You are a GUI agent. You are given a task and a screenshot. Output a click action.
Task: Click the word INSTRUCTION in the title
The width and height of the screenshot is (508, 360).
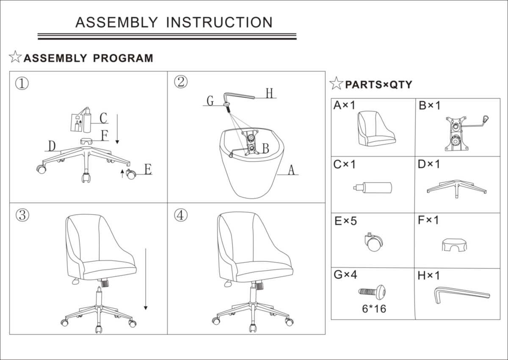coord(219,22)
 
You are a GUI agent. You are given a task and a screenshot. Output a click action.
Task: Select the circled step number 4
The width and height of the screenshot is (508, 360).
coord(180,215)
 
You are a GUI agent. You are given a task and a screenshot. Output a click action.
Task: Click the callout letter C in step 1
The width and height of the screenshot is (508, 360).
coord(103,118)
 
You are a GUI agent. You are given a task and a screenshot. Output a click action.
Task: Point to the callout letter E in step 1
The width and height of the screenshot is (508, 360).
coord(148,170)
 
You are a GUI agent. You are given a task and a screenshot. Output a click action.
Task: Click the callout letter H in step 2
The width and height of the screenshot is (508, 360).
coord(270,93)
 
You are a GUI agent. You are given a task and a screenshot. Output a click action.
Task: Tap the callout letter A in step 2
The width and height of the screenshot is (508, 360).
coord(291,170)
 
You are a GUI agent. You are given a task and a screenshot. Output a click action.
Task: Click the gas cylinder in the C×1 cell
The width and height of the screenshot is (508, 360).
coord(373,187)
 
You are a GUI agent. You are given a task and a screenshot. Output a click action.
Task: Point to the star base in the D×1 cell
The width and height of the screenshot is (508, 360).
coord(456,188)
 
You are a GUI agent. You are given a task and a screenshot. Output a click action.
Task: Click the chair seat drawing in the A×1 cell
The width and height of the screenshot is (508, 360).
coord(375,128)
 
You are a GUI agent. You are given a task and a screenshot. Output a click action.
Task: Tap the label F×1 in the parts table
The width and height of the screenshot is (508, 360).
coord(428,220)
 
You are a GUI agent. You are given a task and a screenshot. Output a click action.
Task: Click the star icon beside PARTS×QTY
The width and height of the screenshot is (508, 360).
coord(336,84)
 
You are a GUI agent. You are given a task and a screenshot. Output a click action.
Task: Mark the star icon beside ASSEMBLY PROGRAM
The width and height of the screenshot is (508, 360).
coord(15,57)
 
